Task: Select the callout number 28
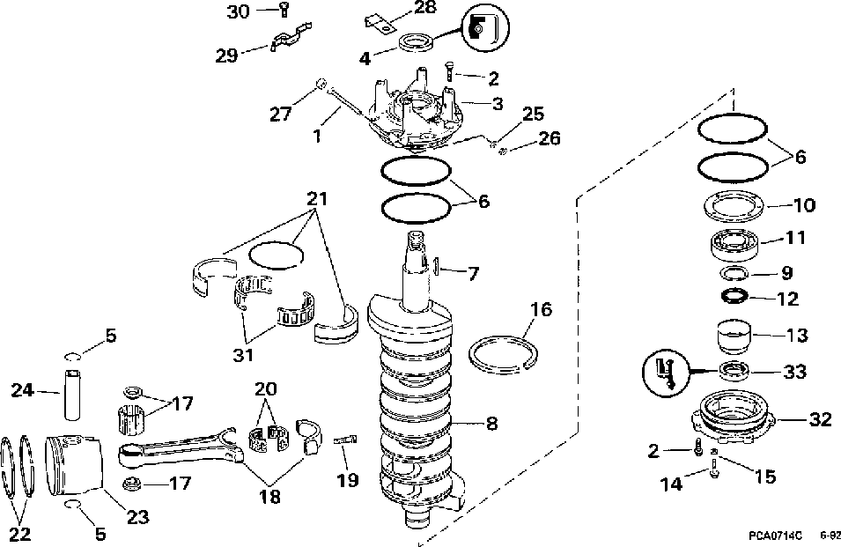click(x=424, y=8)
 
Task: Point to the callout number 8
click(x=491, y=424)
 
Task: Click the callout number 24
click(x=22, y=388)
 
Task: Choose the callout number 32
click(x=820, y=420)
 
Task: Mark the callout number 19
click(x=348, y=480)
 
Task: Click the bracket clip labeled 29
click(x=289, y=41)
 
